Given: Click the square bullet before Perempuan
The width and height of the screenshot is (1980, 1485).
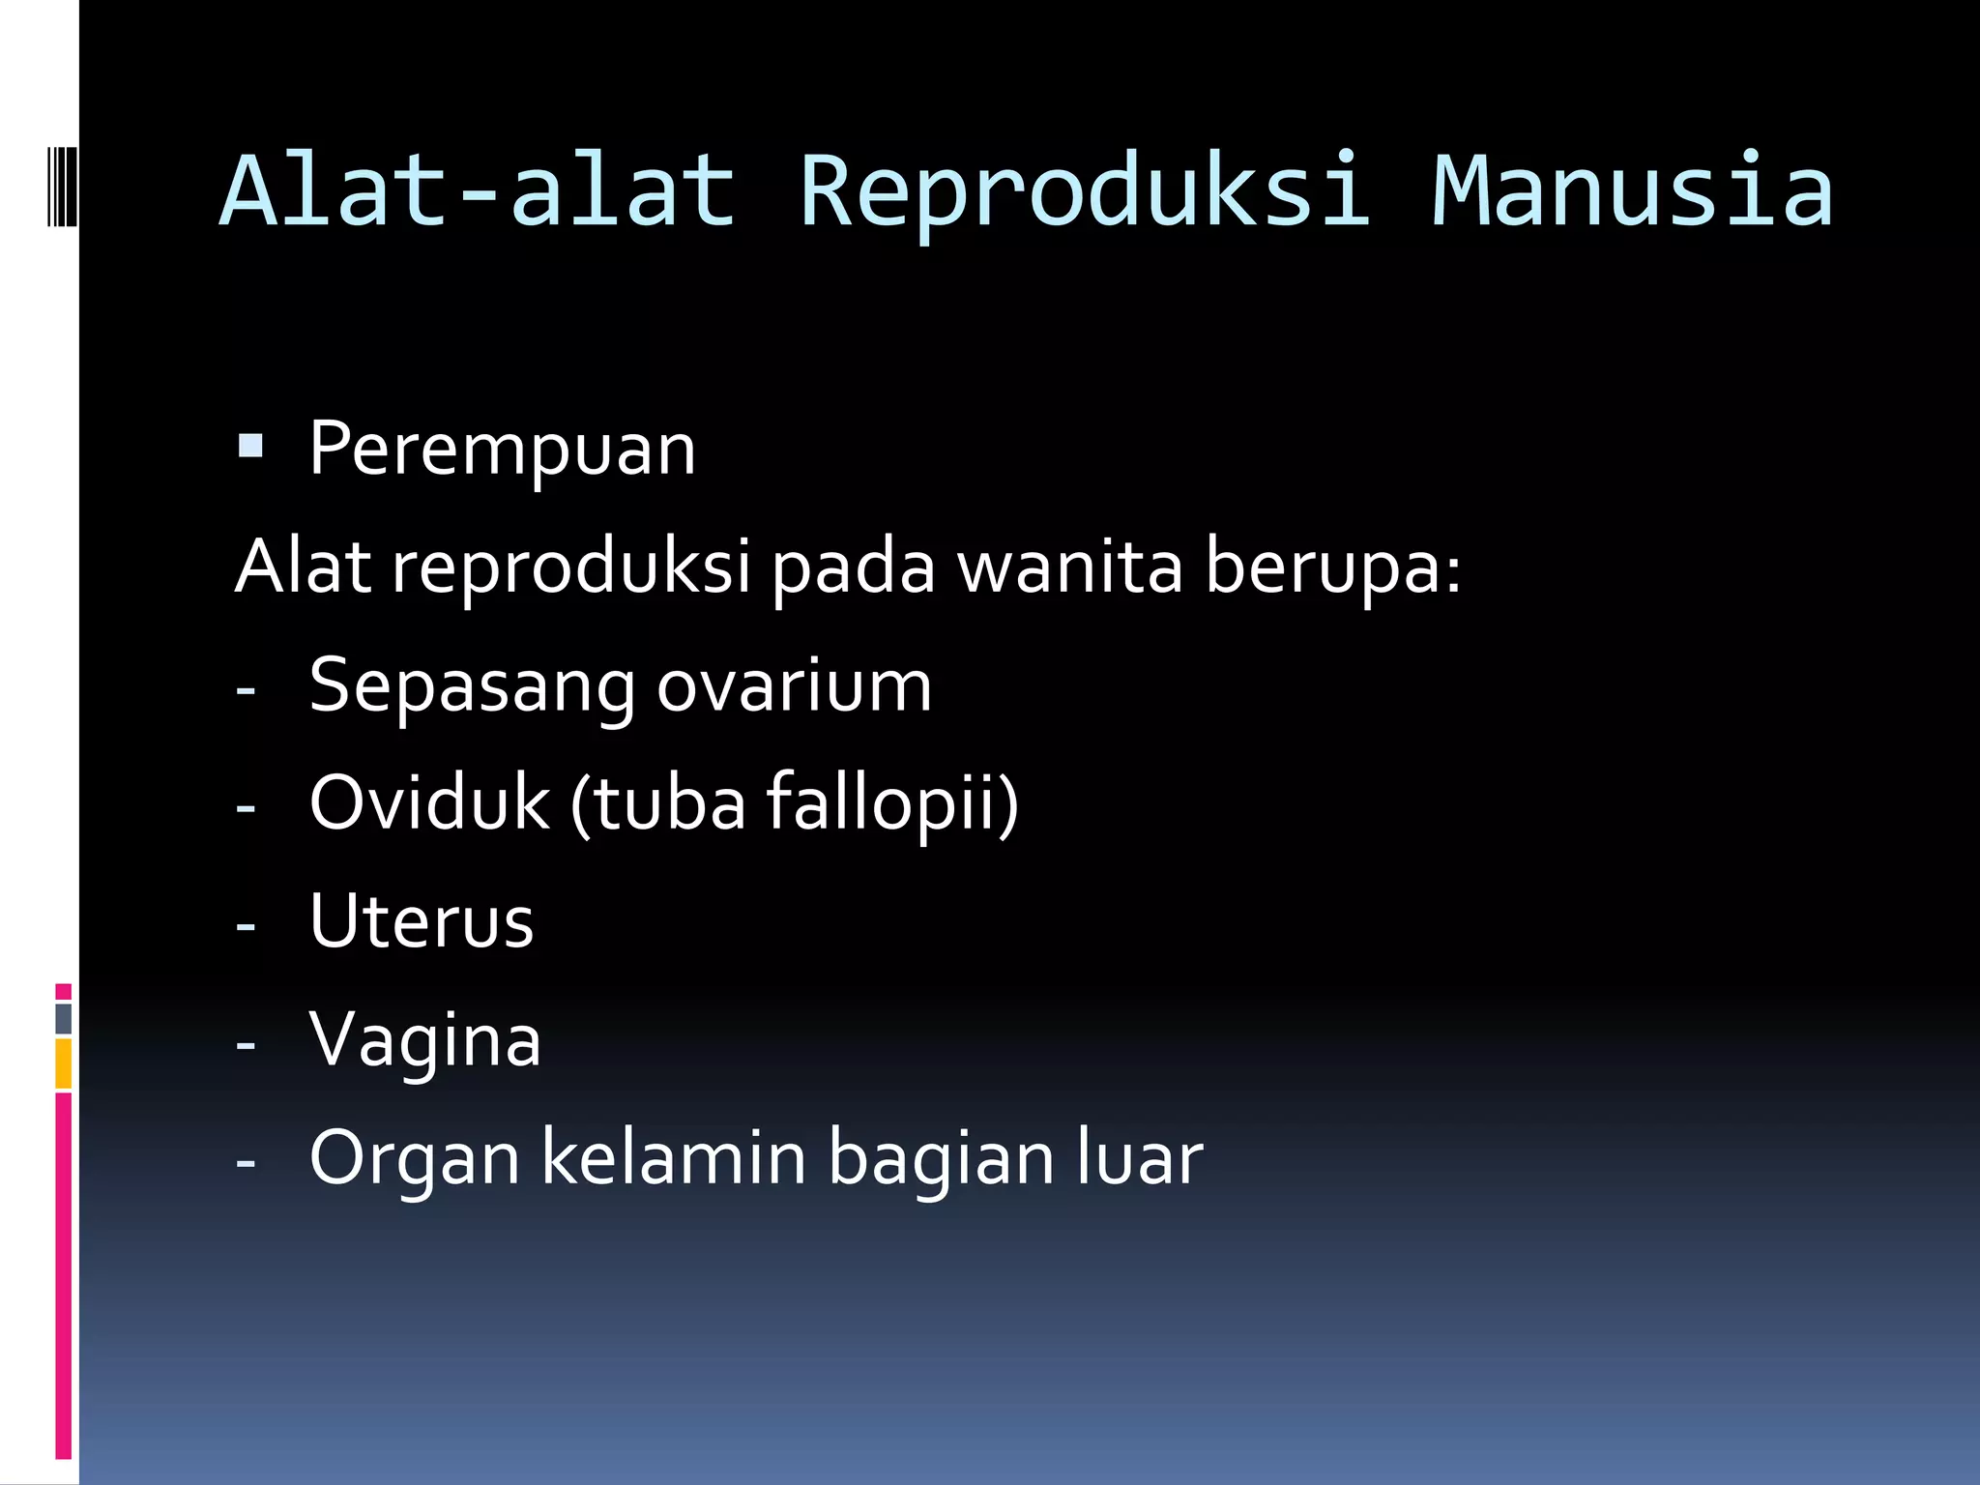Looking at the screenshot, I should point(250,446).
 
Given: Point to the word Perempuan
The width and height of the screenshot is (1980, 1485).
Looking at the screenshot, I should point(502,450).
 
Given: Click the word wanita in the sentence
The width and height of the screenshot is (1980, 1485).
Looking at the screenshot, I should point(1069,567).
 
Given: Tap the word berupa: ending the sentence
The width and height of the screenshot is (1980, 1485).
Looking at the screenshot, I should point(1333,567).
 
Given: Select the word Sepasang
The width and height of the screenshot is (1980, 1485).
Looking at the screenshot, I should point(472,686).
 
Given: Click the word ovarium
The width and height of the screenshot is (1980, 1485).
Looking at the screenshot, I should point(794,686).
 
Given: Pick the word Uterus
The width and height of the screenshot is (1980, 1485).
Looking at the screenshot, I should point(422,920).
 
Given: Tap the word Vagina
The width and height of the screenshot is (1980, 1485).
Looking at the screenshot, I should point(424,1040).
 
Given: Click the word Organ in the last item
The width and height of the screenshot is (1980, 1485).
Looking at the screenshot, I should point(415,1158).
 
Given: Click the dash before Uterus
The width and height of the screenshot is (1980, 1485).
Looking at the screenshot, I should point(246,926).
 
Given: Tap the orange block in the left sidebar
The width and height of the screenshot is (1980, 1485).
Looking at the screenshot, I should point(63,1063).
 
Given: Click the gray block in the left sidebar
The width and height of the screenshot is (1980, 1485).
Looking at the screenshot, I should point(63,1018).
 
